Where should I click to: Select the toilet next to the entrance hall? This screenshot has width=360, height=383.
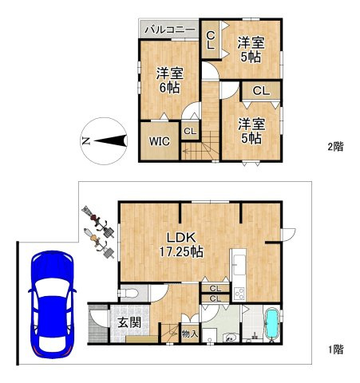pos(129,293)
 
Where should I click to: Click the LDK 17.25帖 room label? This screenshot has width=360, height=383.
pos(181,244)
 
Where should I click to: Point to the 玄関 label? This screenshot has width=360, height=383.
pos(129,322)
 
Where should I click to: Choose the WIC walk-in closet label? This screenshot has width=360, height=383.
pos(160,141)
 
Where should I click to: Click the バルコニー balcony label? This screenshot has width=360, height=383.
pos(170,30)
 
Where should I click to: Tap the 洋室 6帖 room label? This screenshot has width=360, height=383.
pos(170,80)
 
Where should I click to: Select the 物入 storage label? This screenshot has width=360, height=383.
pos(190,334)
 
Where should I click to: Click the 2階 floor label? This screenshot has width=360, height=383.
pos(336,146)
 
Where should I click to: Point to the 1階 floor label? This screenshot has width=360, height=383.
pos(336,349)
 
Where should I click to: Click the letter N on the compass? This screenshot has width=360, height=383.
pos(85,140)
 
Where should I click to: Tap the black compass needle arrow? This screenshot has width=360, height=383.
pos(110,140)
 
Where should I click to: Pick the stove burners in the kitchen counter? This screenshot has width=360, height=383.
pos(239,294)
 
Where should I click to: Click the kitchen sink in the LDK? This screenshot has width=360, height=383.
pos(239,265)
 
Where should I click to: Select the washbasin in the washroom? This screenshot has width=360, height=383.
pos(229,338)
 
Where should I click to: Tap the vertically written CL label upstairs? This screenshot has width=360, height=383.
pos(211,40)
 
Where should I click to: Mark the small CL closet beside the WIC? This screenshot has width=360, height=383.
pos(190,131)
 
